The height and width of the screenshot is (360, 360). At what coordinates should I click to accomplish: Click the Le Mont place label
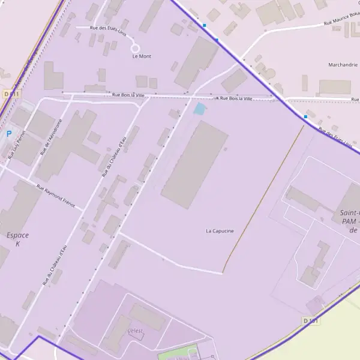(142, 56)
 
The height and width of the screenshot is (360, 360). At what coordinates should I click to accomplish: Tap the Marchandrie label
(343, 65)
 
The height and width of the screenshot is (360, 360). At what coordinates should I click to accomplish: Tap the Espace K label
(18, 239)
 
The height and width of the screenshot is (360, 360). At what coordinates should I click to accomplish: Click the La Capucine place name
(220, 230)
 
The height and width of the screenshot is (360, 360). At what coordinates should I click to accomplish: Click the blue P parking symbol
(8, 134)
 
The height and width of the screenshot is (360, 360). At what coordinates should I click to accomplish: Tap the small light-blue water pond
(199, 109)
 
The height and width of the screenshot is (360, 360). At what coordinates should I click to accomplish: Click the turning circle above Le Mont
(136, 48)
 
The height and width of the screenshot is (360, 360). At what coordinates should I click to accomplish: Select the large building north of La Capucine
(194, 164)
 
